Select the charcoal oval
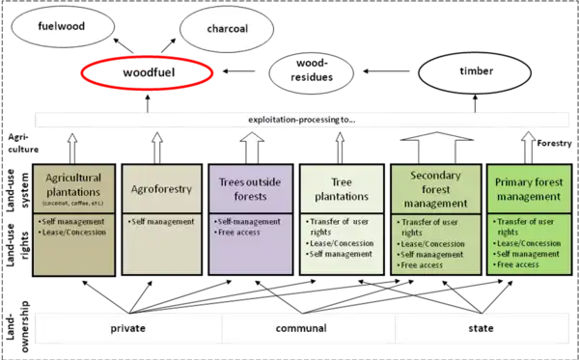coord(228,29)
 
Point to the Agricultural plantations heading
coord(73,187)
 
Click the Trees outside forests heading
coord(250,189)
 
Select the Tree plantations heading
coord(341,189)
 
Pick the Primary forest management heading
coord(527,188)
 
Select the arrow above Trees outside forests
coord(250,148)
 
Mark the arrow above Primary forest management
coord(527,148)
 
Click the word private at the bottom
coord(127,328)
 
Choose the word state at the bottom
coord(481,328)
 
